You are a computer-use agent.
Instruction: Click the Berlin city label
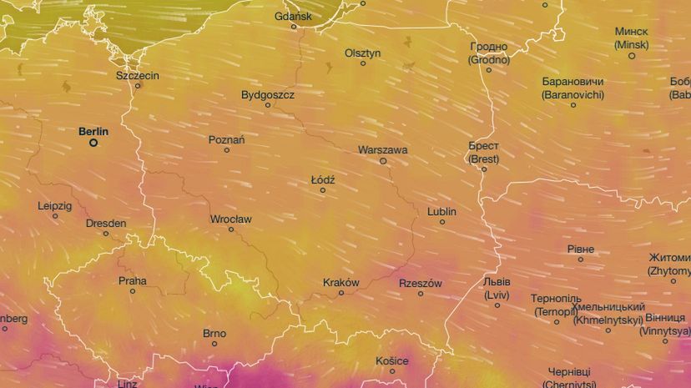93,131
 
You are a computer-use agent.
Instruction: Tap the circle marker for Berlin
93,143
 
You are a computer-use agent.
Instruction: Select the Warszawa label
382,150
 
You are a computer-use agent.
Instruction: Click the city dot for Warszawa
383,161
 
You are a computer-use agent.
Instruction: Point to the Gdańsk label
293,16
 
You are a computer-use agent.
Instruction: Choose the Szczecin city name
138,75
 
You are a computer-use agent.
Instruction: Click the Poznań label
227,139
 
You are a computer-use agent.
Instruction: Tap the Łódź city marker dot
323,190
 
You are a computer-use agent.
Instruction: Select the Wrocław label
230,219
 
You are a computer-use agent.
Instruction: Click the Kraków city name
340,282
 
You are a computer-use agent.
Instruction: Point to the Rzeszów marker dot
421,293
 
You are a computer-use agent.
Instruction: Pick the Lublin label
441,211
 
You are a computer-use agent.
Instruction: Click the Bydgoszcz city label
268,94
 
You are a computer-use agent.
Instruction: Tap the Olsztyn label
363,53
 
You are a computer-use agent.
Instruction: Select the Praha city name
132,280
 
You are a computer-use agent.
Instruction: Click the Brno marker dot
214,344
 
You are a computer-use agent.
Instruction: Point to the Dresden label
106,223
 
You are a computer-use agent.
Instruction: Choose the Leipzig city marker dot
55,216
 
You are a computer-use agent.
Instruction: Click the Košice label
392,360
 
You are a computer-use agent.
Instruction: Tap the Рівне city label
581,249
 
